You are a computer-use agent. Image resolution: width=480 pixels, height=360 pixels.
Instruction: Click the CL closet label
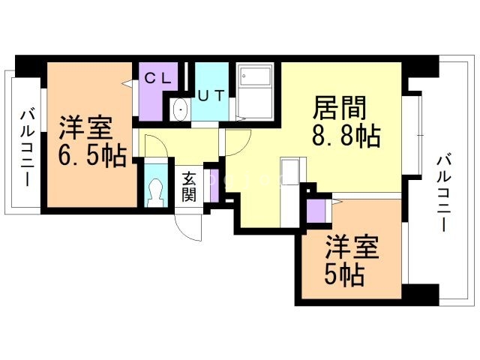pos(158,76)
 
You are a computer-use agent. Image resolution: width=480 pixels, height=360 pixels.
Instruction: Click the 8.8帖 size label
pos(345,137)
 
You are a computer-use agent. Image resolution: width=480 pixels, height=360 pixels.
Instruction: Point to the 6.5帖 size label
pos(92,155)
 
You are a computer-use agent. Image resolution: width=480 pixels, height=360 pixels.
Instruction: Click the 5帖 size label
pos(344,275)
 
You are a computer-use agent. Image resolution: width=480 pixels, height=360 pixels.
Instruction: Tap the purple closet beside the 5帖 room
pos(317,211)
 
